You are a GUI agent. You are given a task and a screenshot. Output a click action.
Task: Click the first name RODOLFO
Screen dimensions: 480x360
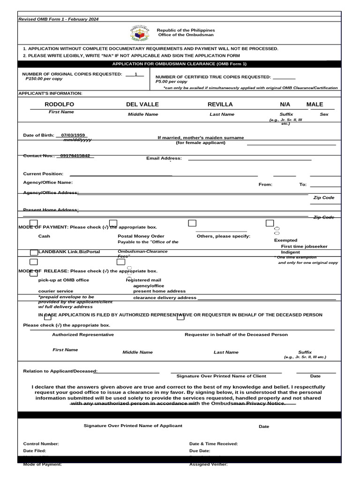click(x=59, y=104)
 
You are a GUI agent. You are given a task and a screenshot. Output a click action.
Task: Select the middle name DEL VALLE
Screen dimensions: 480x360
click(x=142, y=104)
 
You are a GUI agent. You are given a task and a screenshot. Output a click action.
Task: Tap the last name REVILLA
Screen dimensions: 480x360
click(x=220, y=104)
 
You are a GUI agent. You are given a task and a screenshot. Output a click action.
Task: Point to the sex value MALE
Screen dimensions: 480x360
click(x=315, y=104)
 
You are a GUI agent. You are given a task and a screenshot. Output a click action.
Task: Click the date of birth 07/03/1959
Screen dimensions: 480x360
click(x=73, y=135)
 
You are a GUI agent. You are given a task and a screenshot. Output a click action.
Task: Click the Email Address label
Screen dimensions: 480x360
click(x=164, y=158)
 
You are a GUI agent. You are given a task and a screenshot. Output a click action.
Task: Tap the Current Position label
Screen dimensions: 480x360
click(x=43, y=174)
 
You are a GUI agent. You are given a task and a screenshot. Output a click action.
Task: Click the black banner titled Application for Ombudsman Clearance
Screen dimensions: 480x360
click(x=180, y=64)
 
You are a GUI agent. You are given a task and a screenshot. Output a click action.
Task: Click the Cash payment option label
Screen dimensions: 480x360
click(x=44, y=236)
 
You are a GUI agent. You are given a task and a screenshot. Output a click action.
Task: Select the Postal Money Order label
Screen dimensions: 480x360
click(x=141, y=236)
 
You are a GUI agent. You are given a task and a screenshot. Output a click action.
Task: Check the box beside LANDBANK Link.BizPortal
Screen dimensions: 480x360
click(x=34, y=253)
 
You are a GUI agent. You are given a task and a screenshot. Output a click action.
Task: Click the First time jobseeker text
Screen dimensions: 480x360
click(x=304, y=246)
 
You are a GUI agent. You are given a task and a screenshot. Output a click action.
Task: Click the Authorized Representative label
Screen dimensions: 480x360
click(x=83, y=335)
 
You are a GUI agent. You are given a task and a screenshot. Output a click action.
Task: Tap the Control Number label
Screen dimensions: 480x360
click(x=41, y=443)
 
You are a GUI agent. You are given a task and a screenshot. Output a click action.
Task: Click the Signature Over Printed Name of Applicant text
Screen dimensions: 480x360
click(x=133, y=426)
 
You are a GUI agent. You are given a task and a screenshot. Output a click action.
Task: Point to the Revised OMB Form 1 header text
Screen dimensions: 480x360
click(x=58, y=19)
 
